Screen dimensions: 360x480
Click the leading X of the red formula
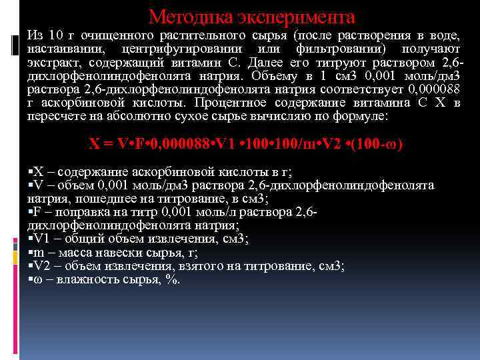(x=94, y=143)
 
